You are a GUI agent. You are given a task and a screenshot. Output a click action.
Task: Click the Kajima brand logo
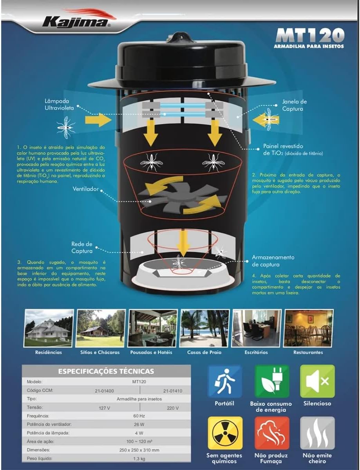click(77, 20)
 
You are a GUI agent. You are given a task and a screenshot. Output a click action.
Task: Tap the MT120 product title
click(310, 36)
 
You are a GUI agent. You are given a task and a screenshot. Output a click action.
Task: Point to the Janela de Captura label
click(294, 105)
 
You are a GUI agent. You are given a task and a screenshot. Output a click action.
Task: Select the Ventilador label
click(86, 189)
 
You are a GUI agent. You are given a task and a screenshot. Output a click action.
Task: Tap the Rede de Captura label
click(82, 248)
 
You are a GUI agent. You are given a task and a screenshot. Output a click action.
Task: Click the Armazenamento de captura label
click(273, 261)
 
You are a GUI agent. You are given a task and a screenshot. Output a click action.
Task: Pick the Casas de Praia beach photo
click(204, 328)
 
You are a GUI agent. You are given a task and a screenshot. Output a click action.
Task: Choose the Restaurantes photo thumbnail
click(308, 328)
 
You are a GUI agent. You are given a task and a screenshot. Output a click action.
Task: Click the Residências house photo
click(49, 328)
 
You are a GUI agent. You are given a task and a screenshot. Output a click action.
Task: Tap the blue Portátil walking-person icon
click(224, 381)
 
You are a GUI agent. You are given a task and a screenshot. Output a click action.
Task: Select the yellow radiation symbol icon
click(225, 433)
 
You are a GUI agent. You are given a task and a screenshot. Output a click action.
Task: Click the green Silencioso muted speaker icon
click(317, 381)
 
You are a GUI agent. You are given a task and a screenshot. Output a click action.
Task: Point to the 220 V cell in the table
click(172, 408)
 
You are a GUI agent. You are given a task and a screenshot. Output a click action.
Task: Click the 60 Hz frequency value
click(139, 416)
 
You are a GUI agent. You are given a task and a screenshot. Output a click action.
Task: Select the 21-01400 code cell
click(104, 391)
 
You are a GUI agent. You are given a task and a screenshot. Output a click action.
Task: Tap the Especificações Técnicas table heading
click(106, 371)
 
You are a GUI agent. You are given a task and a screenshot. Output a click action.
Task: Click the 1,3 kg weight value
click(139, 459)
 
